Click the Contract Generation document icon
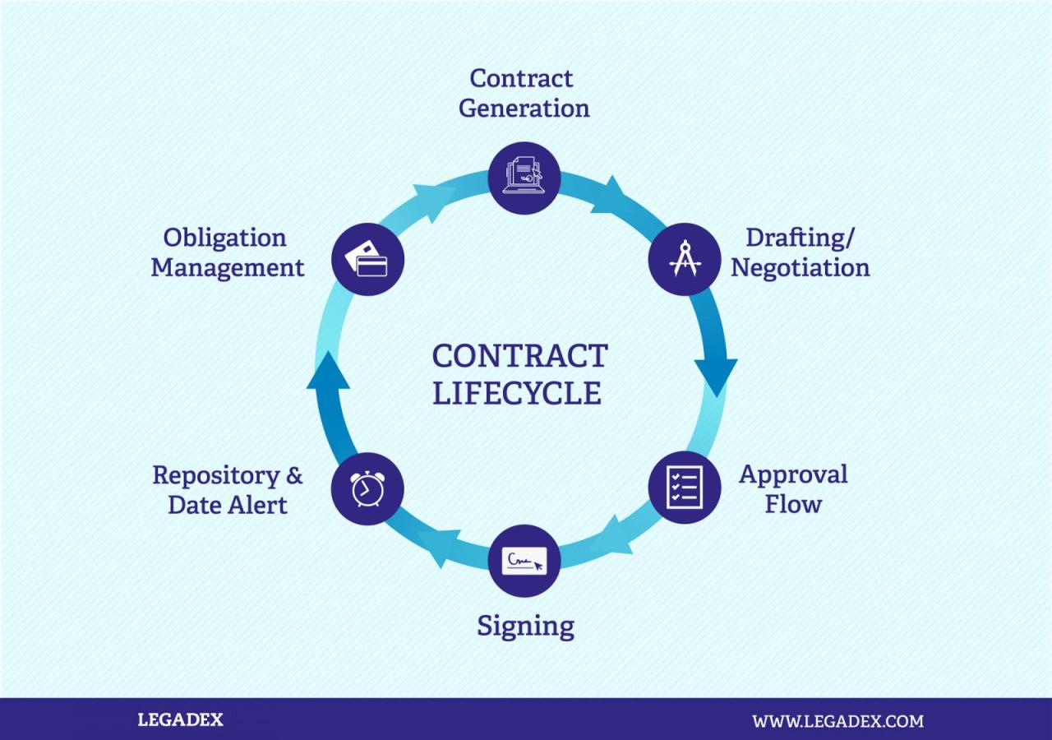click(524, 178)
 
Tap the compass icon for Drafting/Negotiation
click(685, 259)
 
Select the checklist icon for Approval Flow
click(685, 488)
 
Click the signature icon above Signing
click(524, 562)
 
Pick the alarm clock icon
click(367, 489)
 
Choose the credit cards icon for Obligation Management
click(367, 259)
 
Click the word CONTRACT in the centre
click(519, 357)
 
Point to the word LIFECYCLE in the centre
click(517, 393)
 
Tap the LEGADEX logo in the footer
click(180, 720)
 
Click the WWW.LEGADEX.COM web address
click(837, 721)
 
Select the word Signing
click(525, 627)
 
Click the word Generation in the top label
click(524, 109)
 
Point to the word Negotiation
click(800, 268)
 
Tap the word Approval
click(793, 474)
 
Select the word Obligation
click(224, 238)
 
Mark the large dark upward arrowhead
click(328, 371)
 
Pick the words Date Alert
click(228, 505)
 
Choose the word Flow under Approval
click(793, 504)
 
